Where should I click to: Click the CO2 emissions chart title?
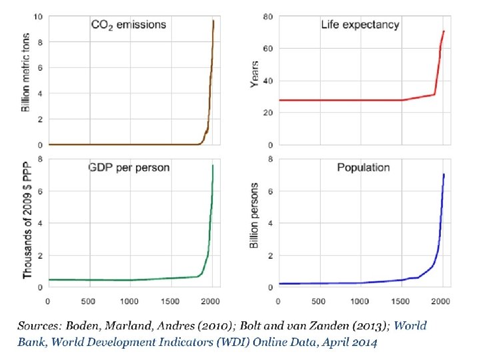pyautogui.click(x=129, y=25)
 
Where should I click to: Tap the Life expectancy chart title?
pyautogui.click(x=360, y=25)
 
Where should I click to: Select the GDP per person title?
pyautogui.click(x=129, y=167)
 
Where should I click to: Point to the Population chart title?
pyautogui.click(x=363, y=167)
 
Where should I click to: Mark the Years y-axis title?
pyautogui.click(x=254, y=75)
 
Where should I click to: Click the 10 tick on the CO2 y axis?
pyautogui.click(x=38, y=17)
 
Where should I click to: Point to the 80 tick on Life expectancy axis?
pyautogui.click(x=267, y=17)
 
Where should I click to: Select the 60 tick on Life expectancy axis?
pyautogui.click(x=267, y=49)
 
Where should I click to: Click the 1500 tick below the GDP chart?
pyautogui.click(x=171, y=301)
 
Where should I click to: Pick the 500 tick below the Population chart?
pyautogui.click(x=319, y=301)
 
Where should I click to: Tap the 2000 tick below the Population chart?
pyautogui.click(x=441, y=301)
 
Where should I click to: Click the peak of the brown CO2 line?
pyautogui.click(x=213, y=21)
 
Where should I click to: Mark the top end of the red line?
pyautogui.click(x=443, y=31)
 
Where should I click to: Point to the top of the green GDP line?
pyautogui.click(x=213, y=165)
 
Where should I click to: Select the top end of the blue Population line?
pyautogui.click(x=443, y=175)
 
